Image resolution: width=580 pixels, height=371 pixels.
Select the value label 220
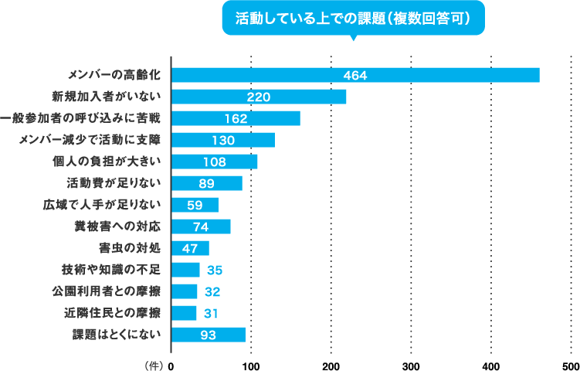258,97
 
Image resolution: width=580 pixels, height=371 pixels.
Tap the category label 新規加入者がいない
106,97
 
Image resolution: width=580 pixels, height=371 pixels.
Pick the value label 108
214,162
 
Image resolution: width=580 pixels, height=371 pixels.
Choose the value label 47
190,248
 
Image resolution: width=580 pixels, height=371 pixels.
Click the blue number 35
215,270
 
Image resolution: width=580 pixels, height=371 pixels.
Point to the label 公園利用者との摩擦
106,291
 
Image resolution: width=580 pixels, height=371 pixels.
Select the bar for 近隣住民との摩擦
184,313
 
